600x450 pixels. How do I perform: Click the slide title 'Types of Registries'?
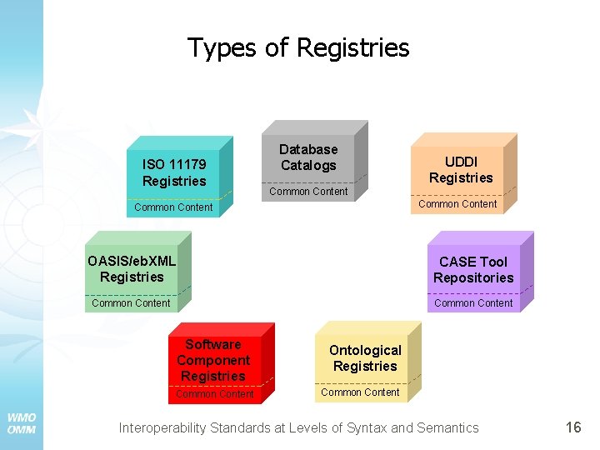(x=298, y=47)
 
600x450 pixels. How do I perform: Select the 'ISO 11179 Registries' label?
(x=173, y=172)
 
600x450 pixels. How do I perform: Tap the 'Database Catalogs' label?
(x=308, y=157)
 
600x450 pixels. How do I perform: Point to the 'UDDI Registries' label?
(x=461, y=169)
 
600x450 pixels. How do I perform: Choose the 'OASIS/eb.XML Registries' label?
(x=132, y=268)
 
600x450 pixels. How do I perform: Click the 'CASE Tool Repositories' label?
(x=473, y=269)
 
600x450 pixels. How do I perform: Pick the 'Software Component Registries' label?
(x=213, y=360)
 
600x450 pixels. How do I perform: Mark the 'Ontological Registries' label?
(x=365, y=357)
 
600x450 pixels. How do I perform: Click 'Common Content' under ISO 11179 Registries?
(x=173, y=207)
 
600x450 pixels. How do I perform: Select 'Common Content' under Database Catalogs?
(x=308, y=192)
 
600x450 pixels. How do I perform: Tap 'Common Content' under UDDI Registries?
(x=457, y=203)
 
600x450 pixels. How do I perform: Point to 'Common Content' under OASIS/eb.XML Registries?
(x=131, y=303)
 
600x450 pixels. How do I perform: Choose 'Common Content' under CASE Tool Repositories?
(x=473, y=303)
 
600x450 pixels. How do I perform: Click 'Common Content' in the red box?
(x=214, y=394)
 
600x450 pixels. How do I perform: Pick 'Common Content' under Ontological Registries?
(x=360, y=392)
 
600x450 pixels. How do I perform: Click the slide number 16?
(x=573, y=427)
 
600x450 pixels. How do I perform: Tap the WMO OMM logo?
(x=21, y=423)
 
